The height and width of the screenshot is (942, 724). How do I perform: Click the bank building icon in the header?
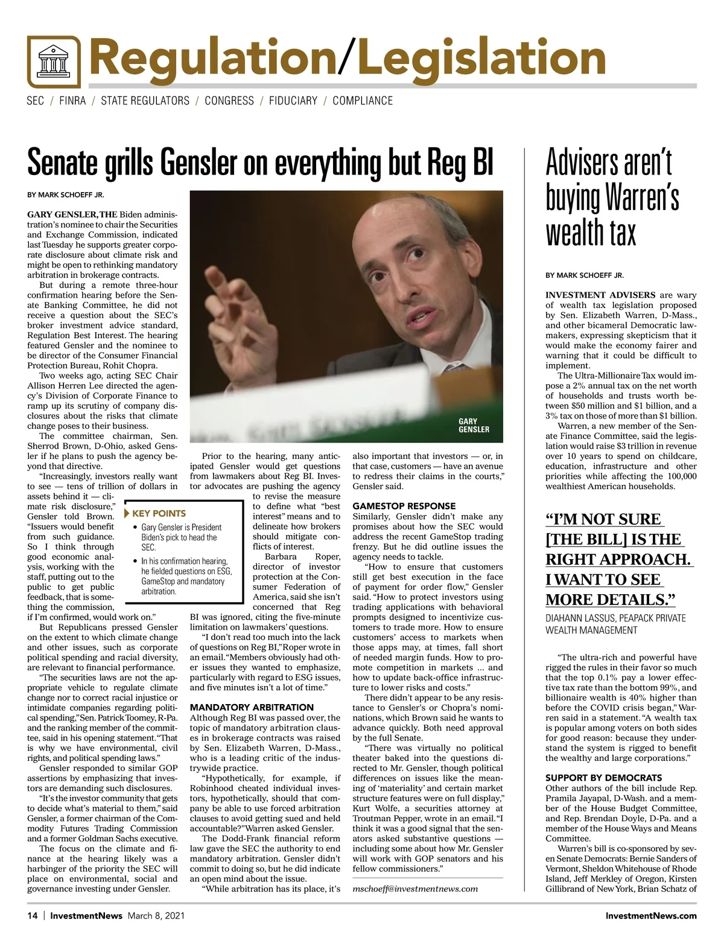(x=54, y=63)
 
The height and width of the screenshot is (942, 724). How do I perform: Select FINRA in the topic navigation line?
(x=72, y=101)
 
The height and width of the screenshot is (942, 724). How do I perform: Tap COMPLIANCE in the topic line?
(x=363, y=101)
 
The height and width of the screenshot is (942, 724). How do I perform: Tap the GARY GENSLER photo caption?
(x=474, y=426)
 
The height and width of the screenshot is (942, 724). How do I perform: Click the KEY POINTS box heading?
(x=159, y=513)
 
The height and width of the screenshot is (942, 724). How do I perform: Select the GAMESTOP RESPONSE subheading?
(x=404, y=506)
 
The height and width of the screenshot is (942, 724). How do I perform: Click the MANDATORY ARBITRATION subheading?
(x=252, y=707)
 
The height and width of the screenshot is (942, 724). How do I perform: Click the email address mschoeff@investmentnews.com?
(x=415, y=888)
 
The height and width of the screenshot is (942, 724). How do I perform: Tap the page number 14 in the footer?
(x=33, y=915)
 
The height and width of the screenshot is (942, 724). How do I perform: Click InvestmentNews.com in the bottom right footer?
(x=651, y=915)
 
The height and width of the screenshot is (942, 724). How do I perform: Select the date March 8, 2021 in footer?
(x=156, y=915)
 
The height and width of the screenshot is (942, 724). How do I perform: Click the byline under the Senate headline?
(x=66, y=195)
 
